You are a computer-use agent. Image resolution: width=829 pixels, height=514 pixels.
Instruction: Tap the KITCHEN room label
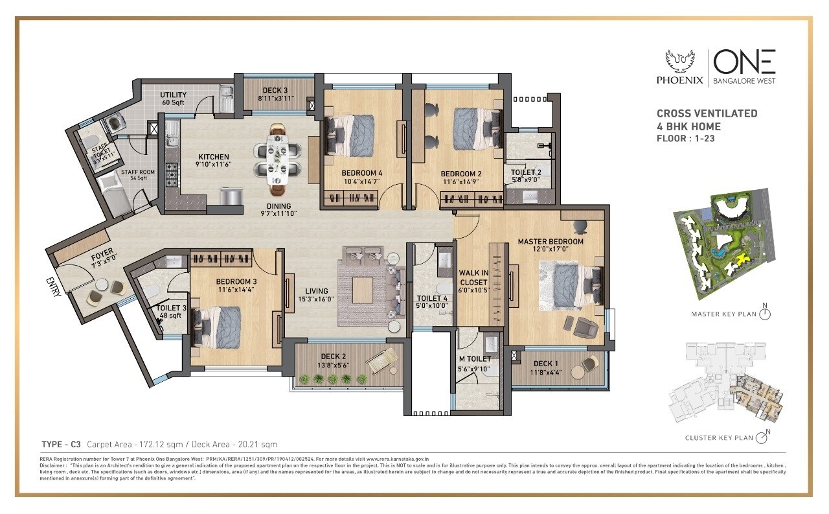(214, 157)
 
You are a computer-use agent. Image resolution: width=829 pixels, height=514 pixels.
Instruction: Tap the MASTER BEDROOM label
(551, 242)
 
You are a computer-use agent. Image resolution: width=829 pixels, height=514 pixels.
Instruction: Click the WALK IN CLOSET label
(473, 277)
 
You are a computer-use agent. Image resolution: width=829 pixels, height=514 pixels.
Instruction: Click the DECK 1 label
(543, 364)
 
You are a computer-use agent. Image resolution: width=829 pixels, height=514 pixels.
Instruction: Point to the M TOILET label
(475, 358)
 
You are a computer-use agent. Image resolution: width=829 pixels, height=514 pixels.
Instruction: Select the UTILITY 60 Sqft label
(174, 99)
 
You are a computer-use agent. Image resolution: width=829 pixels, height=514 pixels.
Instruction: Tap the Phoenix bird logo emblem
(679, 62)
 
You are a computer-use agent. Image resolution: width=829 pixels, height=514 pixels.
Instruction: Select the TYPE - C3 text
(61, 445)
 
